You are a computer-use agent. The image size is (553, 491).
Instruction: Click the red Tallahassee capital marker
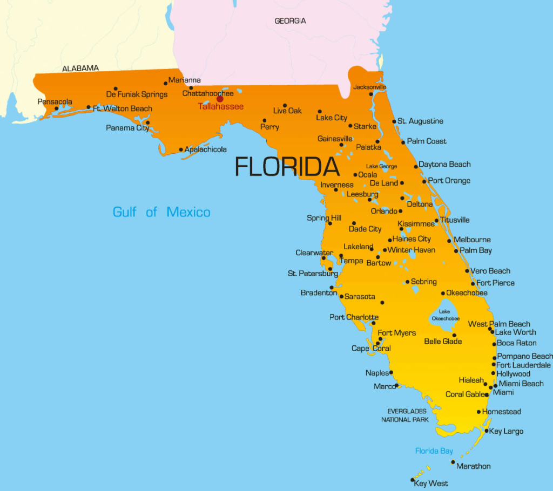pos(220,99)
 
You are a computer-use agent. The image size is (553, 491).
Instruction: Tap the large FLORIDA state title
pos(287,167)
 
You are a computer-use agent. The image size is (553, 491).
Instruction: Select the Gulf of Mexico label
pos(161,212)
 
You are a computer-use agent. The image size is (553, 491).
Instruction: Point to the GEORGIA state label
pos(290,21)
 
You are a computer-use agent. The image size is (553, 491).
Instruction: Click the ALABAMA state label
pos(80,69)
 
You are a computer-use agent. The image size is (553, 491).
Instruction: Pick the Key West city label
pos(431,483)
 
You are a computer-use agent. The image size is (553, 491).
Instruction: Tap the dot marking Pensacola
pos(56,108)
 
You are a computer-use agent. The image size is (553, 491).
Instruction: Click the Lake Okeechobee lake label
pos(445,315)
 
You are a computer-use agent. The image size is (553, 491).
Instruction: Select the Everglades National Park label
pos(404,415)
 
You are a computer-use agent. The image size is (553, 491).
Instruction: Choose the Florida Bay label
pos(434,451)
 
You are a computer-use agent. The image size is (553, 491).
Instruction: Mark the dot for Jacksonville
pos(371,94)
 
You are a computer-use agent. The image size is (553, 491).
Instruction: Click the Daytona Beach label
pos(444,164)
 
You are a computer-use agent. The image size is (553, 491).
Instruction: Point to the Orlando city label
pos(384,211)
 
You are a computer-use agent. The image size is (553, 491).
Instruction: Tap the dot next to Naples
pos(391,372)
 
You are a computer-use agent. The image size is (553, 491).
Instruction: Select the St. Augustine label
pos(420,121)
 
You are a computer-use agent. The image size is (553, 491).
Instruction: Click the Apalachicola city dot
pos(181,149)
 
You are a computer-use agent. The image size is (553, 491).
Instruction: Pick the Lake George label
pos(381,166)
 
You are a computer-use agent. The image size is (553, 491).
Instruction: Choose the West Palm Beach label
pos(499,324)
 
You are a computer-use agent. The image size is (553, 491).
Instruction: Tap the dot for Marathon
pos(453,462)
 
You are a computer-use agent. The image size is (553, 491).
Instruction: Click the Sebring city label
pos(423,282)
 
